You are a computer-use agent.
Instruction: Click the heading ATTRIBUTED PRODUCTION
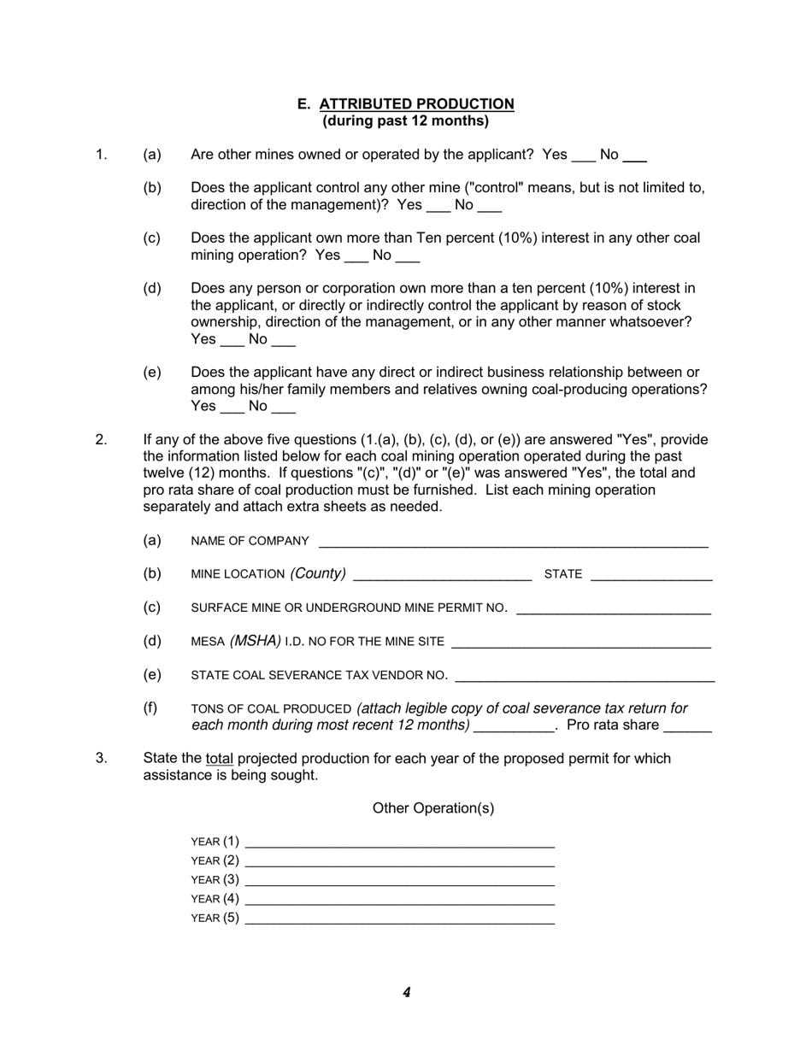(x=416, y=104)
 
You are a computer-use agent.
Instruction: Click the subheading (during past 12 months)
(x=405, y=121)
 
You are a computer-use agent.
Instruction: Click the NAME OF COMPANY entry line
(x=513, y=543)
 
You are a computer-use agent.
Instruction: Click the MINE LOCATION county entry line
(x=442, y=576)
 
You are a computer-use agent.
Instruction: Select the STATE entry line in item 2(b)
(x=651, y=576)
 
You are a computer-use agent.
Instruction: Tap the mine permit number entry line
(x=614, y=609)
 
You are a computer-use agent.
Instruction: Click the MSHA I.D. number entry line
(x=580, y=643)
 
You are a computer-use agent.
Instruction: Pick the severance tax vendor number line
(x=585, y=677)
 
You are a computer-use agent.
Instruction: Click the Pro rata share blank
(x=687, y=727)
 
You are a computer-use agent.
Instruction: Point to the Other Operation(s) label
(x=432, y=808)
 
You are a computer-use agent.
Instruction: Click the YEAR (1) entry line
(x=399, y=843)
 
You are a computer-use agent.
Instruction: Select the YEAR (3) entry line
(x=399, y=881)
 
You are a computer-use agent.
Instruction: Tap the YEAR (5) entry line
(x=399, y=919)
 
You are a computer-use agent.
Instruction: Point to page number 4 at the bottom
(x=406, y=993)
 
